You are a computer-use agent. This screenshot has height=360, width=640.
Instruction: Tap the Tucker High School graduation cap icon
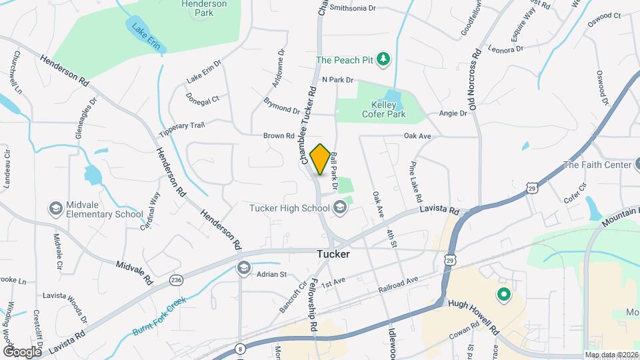pyautogui.click(x=341, y=208)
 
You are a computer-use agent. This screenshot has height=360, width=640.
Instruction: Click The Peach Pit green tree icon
pyautogui.click(x=383, y=60)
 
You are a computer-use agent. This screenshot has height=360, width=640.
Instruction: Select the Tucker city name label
pyautogui.click(x=333, y=254)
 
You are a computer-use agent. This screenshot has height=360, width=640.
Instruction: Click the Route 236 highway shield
pyautogui.click(x=176, y=279)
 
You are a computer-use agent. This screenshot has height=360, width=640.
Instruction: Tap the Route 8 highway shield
pyautogui.click(x=240, y=348)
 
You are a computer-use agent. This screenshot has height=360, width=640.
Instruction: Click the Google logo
pyautogui.click(x=22, y=351)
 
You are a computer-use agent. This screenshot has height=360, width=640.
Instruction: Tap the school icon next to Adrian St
pyautogui.click(x=244, y=268)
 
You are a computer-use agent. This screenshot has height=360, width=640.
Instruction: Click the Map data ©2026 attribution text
pyautogui.click(x=612, y=355)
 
